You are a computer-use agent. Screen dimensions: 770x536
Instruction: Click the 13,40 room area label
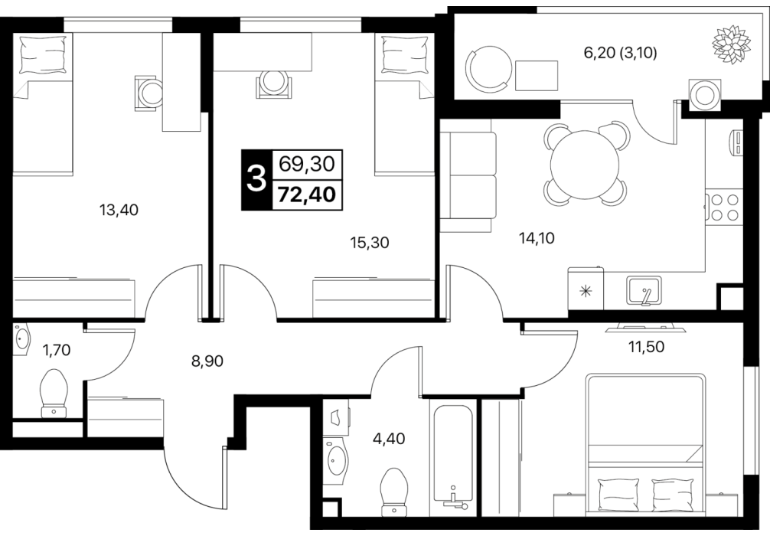coord(119,211)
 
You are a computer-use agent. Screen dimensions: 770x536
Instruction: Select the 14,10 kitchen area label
coord(537,238)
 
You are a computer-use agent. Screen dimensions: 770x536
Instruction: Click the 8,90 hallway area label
coord(207,361)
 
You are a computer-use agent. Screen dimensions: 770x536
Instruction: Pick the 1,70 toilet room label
coord(57,350)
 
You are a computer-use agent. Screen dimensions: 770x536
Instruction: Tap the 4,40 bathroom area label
coord(389,438)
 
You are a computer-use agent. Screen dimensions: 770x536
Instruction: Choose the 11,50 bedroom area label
coord(646,347)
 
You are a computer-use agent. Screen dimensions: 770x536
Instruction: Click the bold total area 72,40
coord(307,195)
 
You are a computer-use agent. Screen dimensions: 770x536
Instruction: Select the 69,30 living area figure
coord(307,164)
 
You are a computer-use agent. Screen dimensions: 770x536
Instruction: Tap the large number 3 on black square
coord(256,179)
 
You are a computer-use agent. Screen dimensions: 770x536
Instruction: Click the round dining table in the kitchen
coord(585,165)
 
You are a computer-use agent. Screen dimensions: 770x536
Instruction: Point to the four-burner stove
coord(722,207)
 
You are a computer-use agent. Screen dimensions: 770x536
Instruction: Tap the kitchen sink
coord(644,290)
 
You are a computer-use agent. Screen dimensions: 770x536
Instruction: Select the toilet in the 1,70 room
coord(54,393)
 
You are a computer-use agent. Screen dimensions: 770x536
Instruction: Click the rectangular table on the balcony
coord(537,76)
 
